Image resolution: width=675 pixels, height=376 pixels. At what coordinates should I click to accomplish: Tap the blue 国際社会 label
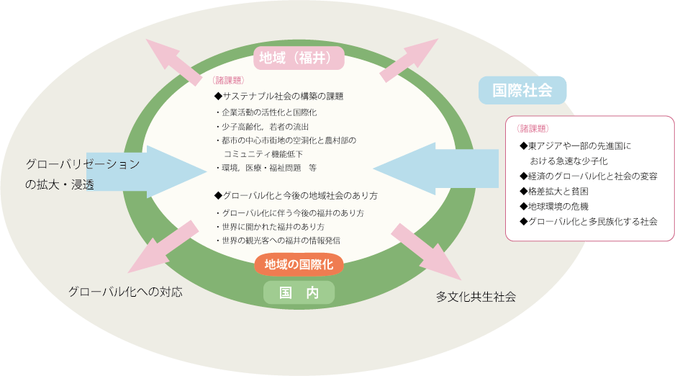point(522,90)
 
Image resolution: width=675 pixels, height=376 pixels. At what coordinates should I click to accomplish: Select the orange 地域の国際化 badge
point(299,264)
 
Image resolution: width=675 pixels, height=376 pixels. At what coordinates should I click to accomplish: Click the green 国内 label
point(299,292)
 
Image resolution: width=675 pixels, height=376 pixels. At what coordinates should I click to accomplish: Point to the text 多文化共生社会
point(476,296)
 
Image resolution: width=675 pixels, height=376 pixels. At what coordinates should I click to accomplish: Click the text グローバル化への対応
point(125,291)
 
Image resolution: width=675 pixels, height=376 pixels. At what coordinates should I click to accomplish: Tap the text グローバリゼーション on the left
point(83,164)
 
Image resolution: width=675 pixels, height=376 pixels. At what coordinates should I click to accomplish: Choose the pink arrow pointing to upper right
point(410,61)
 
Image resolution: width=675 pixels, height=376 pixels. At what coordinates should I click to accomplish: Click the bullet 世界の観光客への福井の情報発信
point(281,240)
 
